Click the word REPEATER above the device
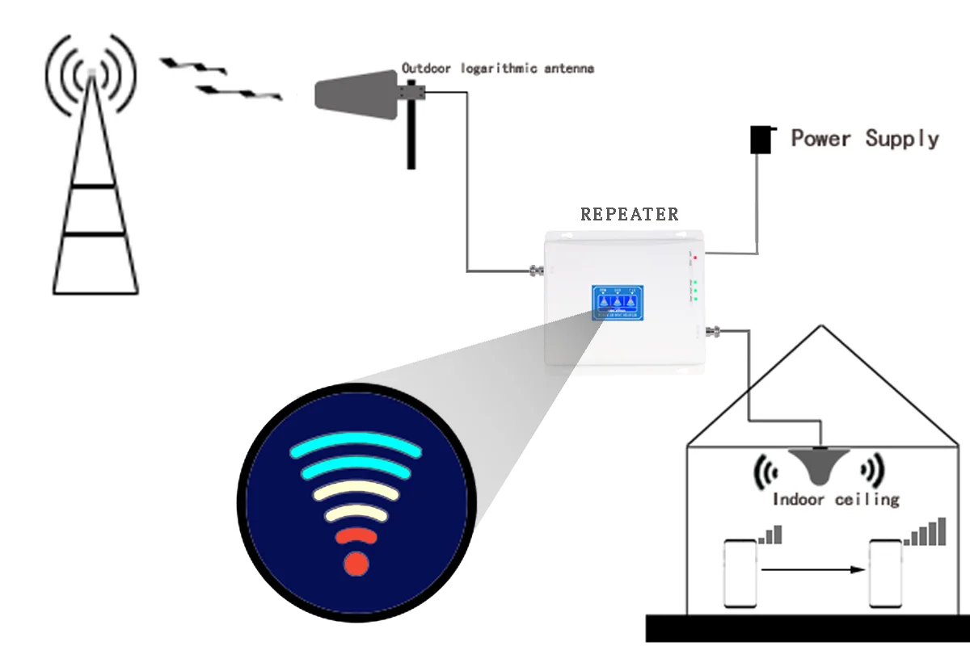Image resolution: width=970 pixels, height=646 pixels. (630, 215)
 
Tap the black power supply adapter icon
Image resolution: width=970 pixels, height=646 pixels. (761, 139)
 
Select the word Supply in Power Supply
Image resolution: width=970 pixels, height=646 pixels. (902, 139)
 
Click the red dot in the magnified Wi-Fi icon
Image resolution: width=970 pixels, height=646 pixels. (356, 563)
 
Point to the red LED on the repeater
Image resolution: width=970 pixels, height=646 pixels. (694, 256)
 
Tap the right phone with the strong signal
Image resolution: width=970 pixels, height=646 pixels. (884, 573)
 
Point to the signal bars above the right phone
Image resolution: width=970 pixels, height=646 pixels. (926, 533)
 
